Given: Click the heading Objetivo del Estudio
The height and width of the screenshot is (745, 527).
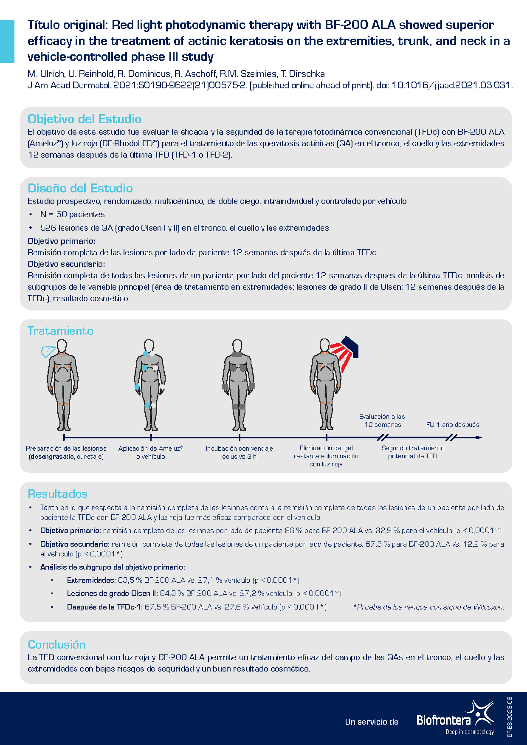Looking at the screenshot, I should coord(84,119).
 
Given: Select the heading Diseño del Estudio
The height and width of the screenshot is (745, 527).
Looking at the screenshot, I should coord(80,188).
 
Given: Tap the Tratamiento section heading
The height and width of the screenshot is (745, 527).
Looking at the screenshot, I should coord(60,331).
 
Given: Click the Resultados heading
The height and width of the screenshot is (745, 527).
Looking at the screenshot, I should coord(57,494).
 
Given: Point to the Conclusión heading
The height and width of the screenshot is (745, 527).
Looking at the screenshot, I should coord(56,645).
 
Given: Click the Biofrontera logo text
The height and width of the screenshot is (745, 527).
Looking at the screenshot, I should coord(444,720).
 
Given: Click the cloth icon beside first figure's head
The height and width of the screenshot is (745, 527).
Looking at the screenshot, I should coord(48,351).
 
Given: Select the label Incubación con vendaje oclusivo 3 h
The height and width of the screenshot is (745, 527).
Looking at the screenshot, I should coord(239,452).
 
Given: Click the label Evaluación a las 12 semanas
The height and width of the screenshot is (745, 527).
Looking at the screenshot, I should coord(382,420).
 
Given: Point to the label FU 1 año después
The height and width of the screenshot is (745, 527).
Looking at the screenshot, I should coord(452,425).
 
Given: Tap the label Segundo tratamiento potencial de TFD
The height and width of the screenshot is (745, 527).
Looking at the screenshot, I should coord(413,452).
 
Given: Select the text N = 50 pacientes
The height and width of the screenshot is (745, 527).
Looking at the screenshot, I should coord(72,214).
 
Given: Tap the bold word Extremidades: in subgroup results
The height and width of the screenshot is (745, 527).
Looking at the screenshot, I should coord(91,580).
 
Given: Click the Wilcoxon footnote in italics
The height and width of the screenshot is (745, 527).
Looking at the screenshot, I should coord(428,607).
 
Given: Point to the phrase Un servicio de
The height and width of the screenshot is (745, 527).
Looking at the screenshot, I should coord(372,722).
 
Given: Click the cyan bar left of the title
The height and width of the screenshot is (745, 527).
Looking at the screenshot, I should coord(7,41).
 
